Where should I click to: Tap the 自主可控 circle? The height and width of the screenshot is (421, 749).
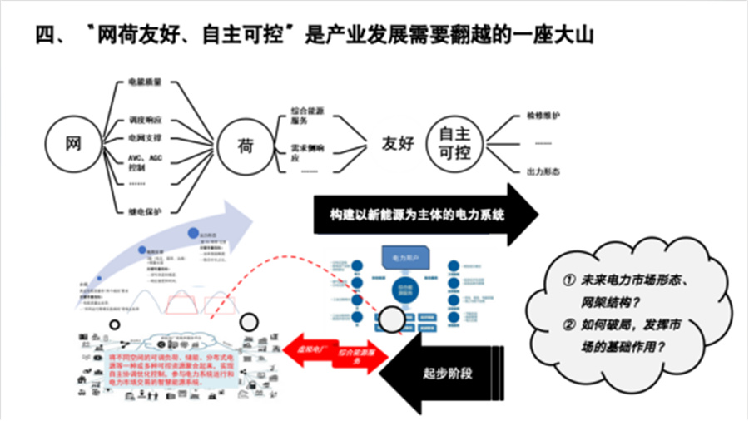click(454, 141)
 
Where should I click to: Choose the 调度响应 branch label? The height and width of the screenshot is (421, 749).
click(145, 119)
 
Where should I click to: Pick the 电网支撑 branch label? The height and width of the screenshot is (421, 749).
click(145, 136)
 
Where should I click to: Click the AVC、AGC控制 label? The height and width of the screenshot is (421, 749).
click(144, 161)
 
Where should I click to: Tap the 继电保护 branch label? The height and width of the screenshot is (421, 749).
click(145, 211)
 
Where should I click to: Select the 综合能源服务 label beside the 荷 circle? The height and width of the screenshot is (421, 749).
click(306, 114)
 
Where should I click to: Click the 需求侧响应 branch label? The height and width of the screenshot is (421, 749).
click(307, 151)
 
